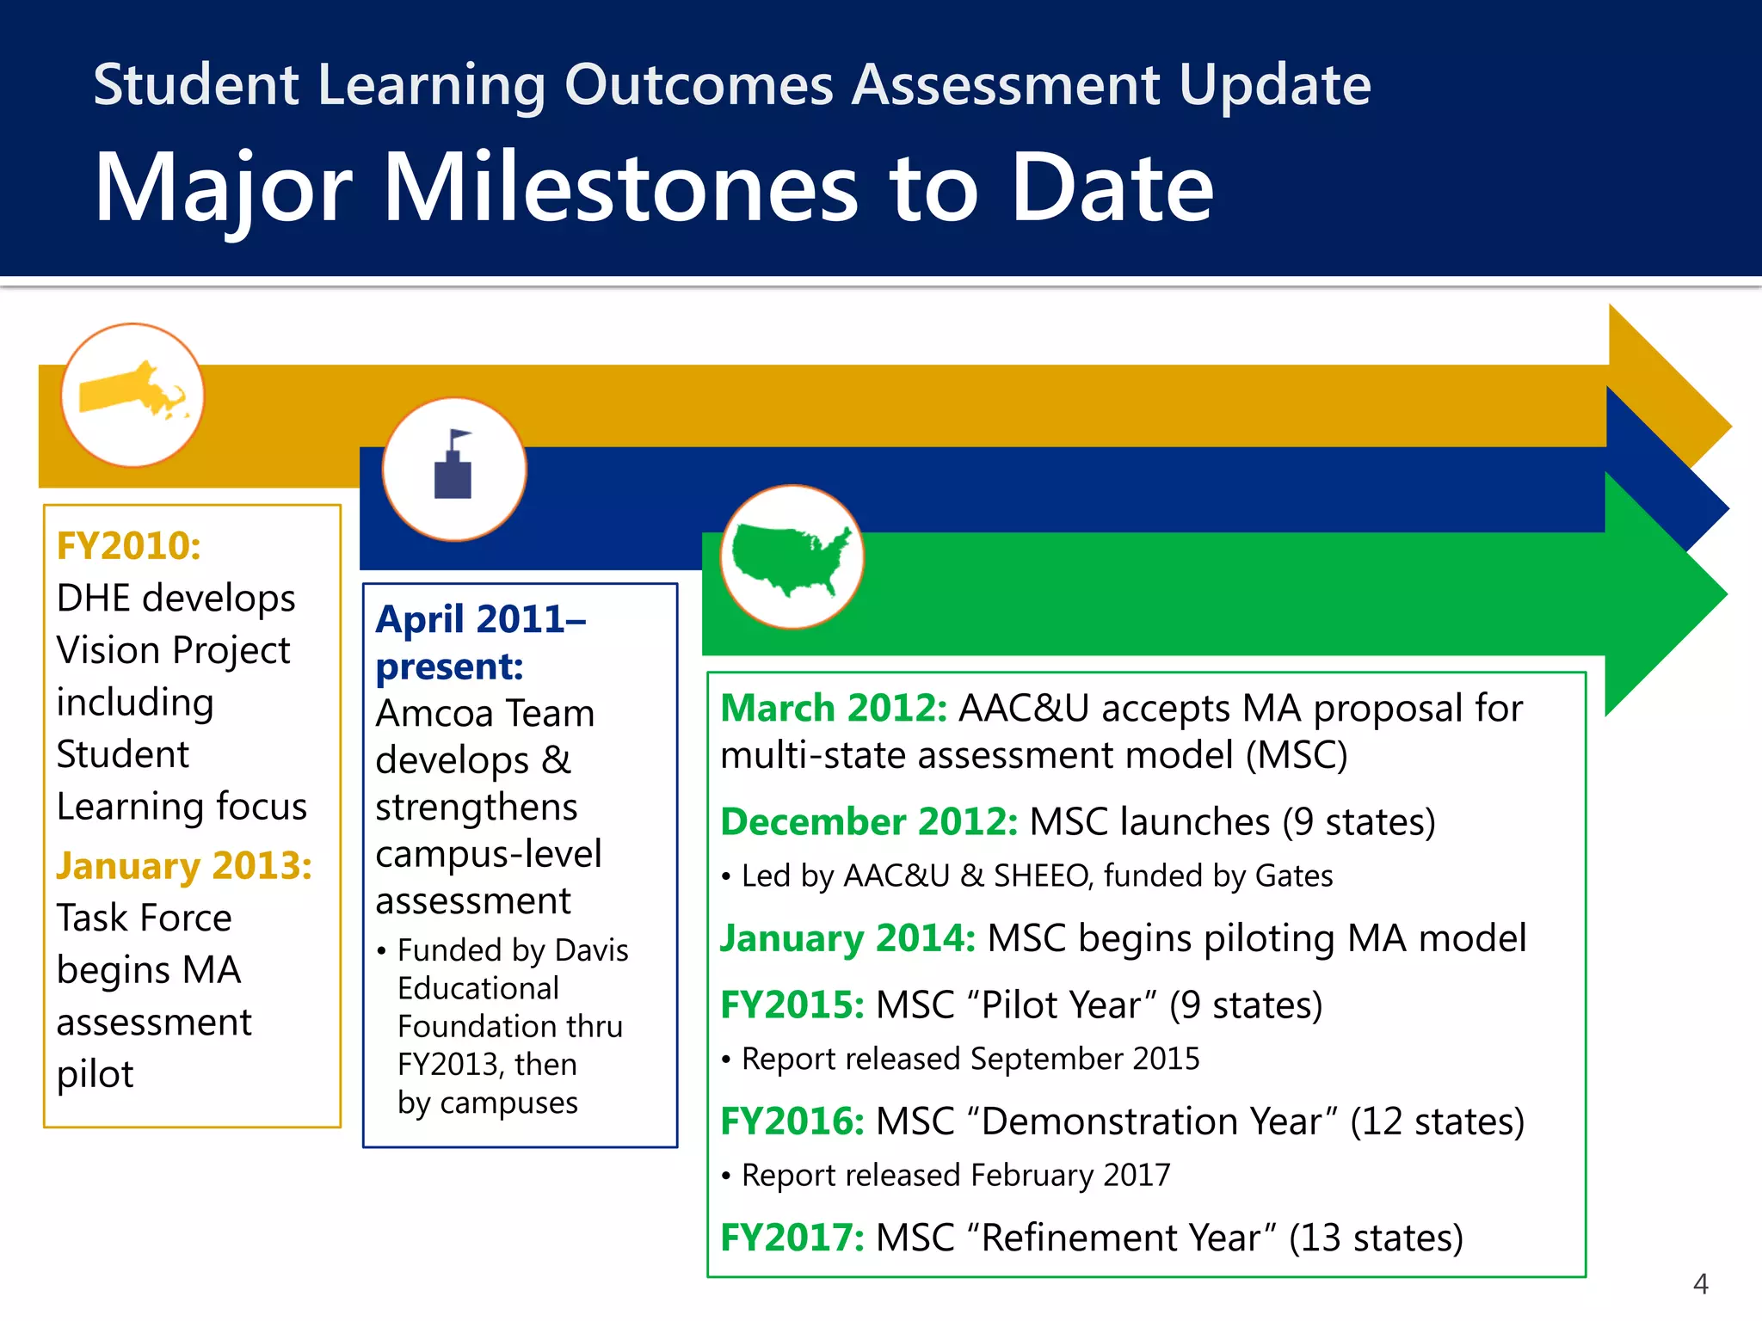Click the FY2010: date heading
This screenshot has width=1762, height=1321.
(129, 545)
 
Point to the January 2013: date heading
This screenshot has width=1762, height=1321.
(184, 865)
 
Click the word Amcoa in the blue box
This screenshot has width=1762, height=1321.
(434, 713)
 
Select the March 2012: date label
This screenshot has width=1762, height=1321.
(833, 708)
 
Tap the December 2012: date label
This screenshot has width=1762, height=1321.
(869, 821)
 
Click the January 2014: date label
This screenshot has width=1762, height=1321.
(847, 937)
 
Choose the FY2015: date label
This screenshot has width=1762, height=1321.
(792, 1005)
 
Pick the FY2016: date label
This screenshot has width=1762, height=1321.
(792, 1121)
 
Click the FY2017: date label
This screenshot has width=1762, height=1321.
(792, 1238)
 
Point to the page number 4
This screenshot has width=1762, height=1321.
(1700, 1284)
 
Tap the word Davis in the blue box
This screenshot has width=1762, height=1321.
(591, 950)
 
